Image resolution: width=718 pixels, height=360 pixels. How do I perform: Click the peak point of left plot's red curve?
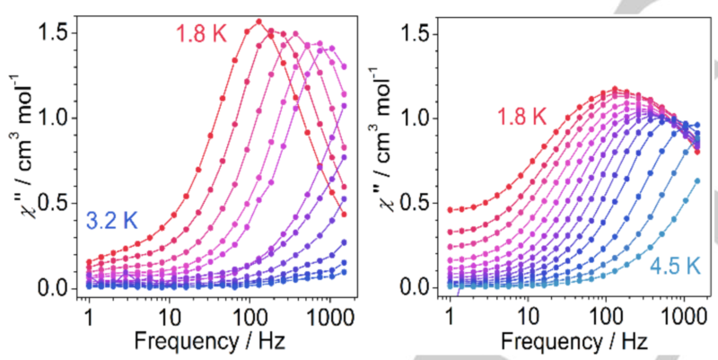tap(258, 22)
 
